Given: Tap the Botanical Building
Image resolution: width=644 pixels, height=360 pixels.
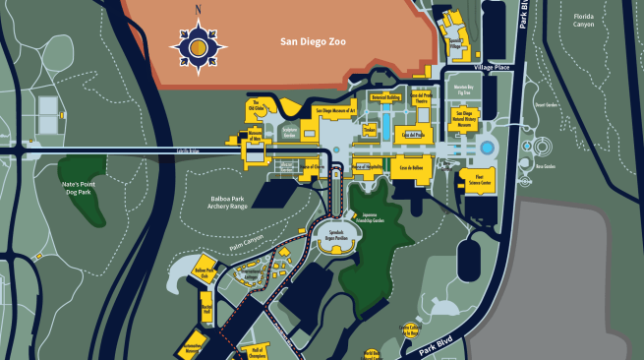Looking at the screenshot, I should tap(385, 98).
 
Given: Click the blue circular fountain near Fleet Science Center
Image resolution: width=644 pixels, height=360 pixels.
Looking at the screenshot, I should tap(487, 148).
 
